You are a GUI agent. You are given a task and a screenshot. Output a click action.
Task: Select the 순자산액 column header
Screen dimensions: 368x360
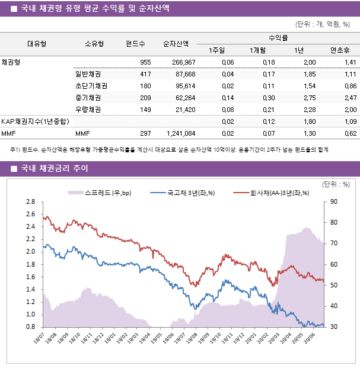[176, 43]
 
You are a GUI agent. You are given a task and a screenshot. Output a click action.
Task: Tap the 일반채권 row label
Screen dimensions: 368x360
[88, 74]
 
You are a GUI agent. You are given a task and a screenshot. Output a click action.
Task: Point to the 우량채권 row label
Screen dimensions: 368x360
[88, 110]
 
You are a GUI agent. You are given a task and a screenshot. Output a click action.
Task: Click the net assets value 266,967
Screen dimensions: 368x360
[183, 62]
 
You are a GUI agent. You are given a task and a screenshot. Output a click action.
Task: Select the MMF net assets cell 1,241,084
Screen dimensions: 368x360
[181, 133]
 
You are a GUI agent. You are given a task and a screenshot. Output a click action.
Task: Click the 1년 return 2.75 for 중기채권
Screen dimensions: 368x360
[309, 98]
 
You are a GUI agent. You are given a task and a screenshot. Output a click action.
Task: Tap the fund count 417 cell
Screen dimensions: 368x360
[145, 74]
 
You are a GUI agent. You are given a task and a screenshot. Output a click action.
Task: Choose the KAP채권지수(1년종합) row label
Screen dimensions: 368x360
[35, 121]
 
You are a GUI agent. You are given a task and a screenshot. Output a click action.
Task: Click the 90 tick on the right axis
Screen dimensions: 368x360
[334, 202]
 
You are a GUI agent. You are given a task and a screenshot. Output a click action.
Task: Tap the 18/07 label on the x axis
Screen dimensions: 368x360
[39, 338]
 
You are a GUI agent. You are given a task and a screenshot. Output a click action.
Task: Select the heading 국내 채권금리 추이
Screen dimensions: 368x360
[54, 169]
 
